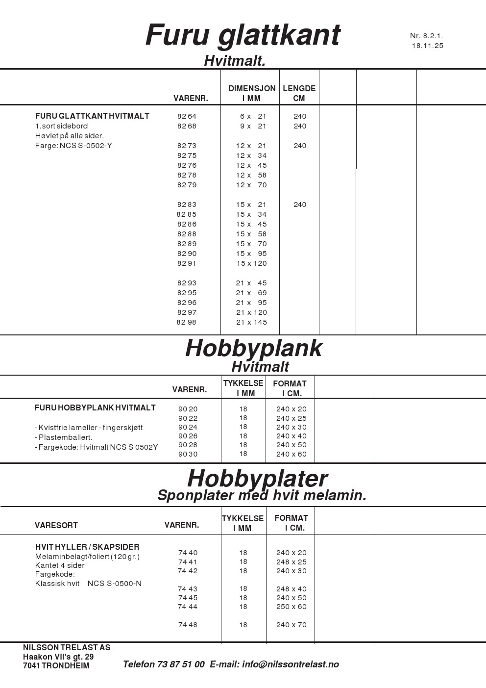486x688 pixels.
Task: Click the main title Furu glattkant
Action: pos(243,35)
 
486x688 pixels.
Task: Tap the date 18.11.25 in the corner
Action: pos(427,46)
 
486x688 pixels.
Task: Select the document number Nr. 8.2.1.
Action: pos(426,36)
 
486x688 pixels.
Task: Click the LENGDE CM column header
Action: pos(299,93)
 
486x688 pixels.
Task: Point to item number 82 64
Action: pos(187,116)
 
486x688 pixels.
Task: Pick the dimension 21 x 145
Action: pos(251,322)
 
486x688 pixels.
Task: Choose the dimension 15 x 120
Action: pos(251,263)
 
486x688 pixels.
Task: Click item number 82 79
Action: pos(187,185)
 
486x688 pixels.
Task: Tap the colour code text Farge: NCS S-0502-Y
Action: pos(73,146)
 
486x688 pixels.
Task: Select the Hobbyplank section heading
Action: pos(253,348)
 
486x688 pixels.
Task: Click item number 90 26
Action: pos(188,436)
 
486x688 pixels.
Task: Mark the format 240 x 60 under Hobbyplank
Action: pos(291,454)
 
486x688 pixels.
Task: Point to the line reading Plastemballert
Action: pos(64,437)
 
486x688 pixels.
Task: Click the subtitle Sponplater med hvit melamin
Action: pos(262,495)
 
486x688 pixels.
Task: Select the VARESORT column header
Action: pos(56,525)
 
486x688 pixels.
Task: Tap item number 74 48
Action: pos(188,625)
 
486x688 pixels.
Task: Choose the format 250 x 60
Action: pos(291,607)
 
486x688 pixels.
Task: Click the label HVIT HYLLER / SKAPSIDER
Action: pos(87,547)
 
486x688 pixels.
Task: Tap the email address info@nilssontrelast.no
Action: pos(290,664)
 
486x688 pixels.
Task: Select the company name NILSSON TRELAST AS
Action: pos(67,647)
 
